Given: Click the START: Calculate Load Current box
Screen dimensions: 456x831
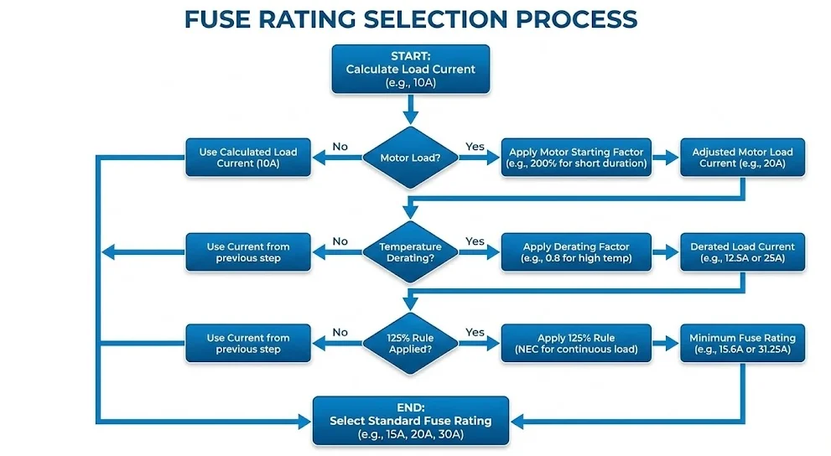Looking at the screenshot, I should click(410, 69).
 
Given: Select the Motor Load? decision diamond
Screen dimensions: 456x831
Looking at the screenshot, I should click(410, 158).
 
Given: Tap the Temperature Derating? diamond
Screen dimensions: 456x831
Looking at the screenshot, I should click(410, 252).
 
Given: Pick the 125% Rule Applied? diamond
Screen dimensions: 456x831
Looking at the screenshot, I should click(410, 343).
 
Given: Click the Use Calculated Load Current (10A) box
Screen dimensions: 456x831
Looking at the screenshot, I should click(247, 158).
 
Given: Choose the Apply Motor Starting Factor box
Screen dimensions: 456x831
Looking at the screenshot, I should click(576, 158).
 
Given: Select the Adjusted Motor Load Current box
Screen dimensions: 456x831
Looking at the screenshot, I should click(742, 158).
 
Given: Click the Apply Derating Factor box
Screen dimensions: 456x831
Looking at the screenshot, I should click(576, 252).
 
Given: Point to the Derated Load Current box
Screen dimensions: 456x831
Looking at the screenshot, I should click(742, 252).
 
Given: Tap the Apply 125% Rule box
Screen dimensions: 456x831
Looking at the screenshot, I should click(576, 343).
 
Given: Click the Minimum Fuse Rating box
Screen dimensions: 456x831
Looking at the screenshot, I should click(742, 343).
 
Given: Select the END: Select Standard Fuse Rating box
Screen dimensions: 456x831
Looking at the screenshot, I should click(410, 420).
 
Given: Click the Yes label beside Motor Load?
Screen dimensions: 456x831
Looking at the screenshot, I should click(475, 147).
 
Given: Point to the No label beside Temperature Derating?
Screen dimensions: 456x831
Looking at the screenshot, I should click(340, 241).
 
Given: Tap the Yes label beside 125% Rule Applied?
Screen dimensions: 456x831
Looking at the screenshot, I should click(475, 332).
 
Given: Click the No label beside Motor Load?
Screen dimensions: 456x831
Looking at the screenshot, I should click(340, 147).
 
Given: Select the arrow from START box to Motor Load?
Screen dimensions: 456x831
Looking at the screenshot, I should click(410, 108).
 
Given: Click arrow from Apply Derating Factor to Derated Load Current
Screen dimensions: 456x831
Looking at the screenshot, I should click(665, 252).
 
